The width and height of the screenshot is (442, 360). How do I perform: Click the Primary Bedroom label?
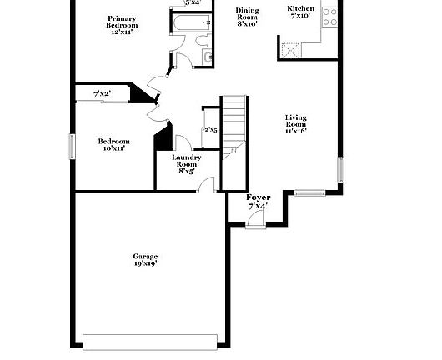click(x=123, y=22)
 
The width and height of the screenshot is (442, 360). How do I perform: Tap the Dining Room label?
click(x=247, y=17)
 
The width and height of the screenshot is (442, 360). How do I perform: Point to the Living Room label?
click(x=296, y=124)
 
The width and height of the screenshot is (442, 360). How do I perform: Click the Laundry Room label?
click(x=186, y=163)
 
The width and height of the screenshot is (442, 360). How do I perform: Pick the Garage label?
click(x=145, y=259)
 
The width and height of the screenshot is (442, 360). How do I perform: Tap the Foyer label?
click(x=258, y=201)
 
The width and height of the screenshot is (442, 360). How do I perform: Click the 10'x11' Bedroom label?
click(x=115, y=146)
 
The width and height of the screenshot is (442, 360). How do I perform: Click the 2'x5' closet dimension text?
click(x=211, y=130)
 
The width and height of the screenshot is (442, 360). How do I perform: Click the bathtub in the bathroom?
click(x=188, y=24)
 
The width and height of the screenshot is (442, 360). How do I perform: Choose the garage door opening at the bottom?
click(x=151, y=340)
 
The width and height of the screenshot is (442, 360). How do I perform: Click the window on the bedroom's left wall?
click(x=72, y=146)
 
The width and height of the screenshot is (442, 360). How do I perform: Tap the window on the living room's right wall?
click(x=340, y=169)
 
